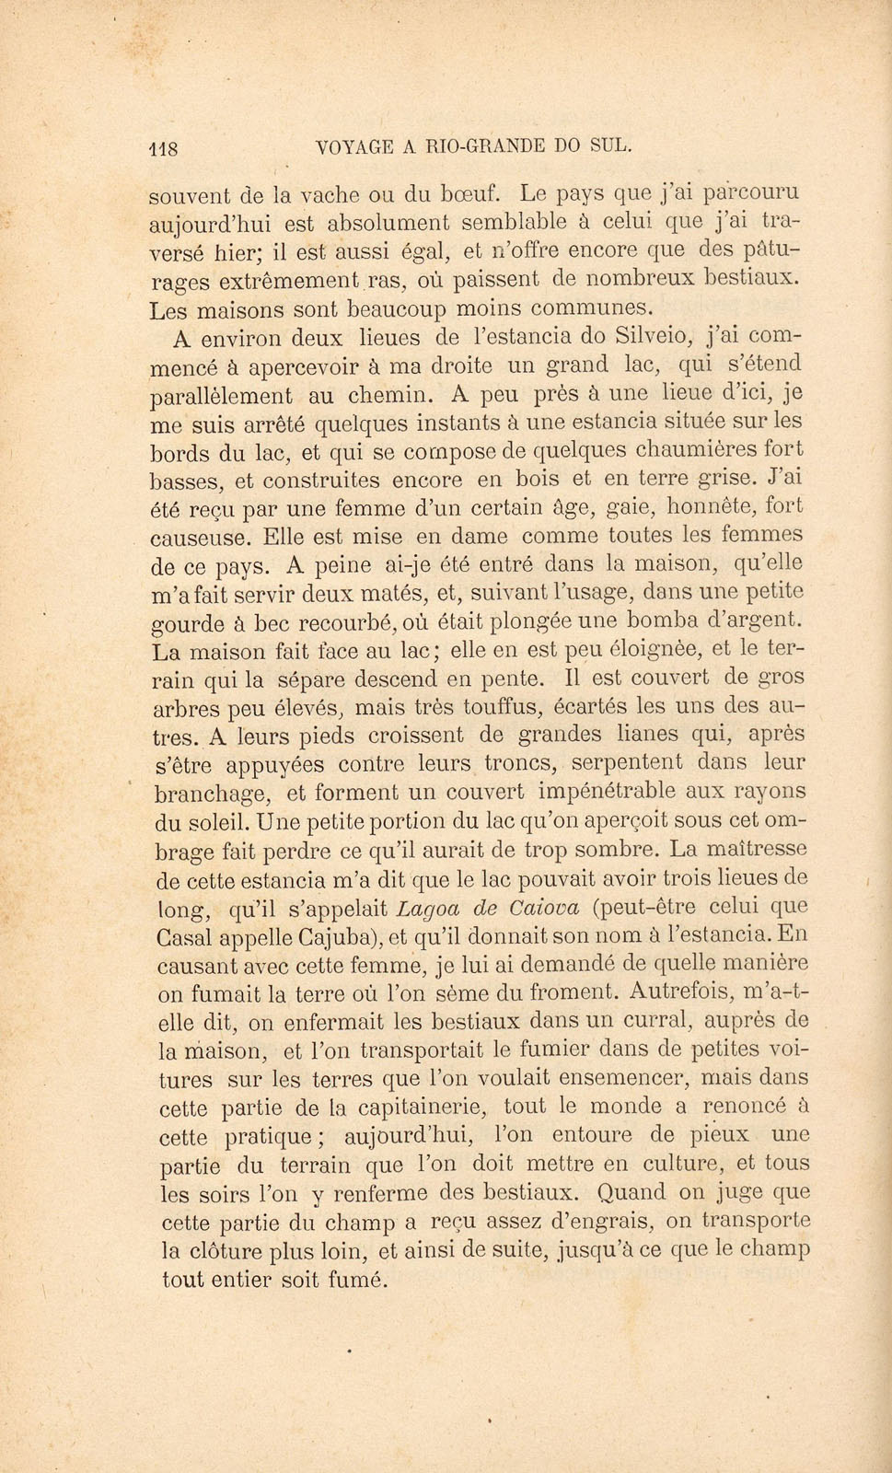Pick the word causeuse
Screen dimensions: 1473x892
pos(200,537)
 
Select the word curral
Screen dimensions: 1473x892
pos(666,1020)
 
